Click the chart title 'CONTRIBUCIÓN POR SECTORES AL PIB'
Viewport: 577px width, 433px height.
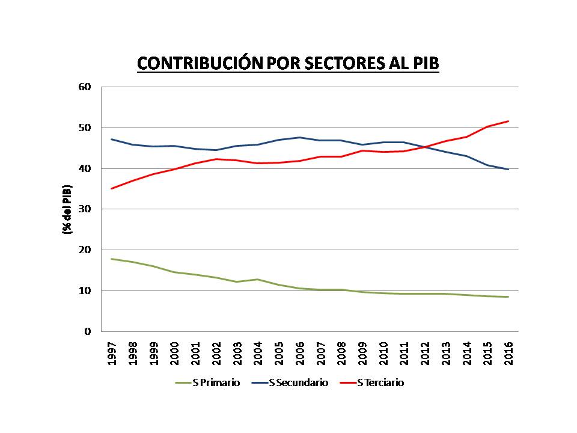[288, 64]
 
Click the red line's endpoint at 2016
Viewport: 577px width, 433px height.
[508, 121]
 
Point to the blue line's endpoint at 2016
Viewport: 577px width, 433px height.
[508, 170]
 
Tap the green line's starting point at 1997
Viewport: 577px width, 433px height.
[112, 259]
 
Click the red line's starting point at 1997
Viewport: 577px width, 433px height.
[112, 189]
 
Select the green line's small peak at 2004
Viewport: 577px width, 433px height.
[258, 279]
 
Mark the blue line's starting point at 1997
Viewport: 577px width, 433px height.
[112, 139]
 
